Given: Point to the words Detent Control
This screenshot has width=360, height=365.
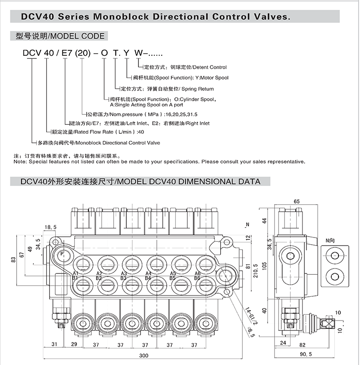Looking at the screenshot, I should point(209,67).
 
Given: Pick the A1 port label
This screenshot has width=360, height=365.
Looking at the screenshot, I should point(76,273).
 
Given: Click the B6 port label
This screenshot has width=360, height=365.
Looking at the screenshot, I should point(197,278).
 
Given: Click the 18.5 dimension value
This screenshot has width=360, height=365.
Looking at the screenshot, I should point(51,228).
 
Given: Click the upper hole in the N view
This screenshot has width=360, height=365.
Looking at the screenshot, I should point(334,256).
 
